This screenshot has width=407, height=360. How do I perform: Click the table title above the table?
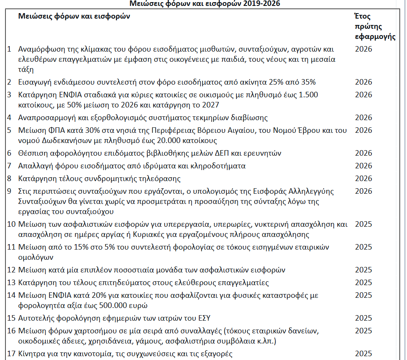coord(204,4)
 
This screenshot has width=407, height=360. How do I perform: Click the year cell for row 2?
coord(363,82)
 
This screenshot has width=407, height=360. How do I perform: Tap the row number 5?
coord(10,130)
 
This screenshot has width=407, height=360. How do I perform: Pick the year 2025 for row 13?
coord(363,282)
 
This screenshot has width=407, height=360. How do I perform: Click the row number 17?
coord(12,353)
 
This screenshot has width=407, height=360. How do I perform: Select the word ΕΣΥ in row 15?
coord(204,318)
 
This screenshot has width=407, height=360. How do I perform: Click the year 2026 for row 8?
coord(363,179)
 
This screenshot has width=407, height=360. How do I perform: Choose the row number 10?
coord(12,224)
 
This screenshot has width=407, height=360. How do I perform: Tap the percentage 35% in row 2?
coord(308,82)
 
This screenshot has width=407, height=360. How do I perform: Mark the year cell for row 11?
coord(363,247)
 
